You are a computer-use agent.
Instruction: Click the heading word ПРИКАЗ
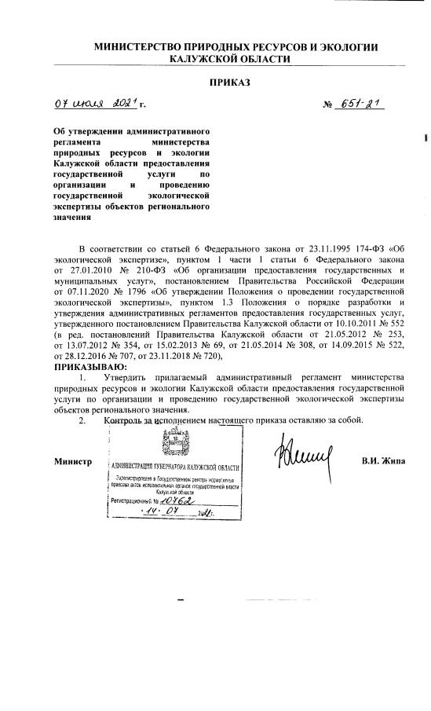tap(229, 82)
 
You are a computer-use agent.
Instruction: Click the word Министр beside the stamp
tap(74, 460)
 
